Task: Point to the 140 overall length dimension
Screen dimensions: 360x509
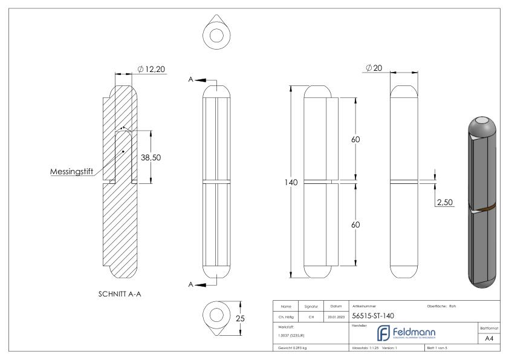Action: (291, 182)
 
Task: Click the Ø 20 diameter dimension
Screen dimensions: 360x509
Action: (373, 68)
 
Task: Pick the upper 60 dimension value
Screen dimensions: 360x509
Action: (355, 140)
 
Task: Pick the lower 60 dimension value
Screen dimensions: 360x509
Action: (355, 224)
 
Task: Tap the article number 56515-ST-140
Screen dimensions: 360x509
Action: (374, 315)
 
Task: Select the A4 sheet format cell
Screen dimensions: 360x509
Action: (490, 339)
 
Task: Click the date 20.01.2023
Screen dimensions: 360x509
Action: (336, 315)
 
